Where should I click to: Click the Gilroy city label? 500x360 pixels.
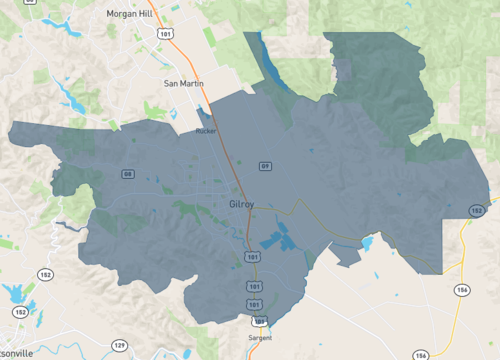pyautogui.click(x=242, y=204)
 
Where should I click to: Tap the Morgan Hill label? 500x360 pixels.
pyautogui.click(x=134, y=15)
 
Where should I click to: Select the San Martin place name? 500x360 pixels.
pyautogui.click(x=183, y=84)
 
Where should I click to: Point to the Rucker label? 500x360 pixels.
pyautogui.click(x=207, y=130)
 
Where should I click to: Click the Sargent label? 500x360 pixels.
pyautogui.click(x=259, y=339)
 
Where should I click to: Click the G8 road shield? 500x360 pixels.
pyautogui.click(x=128, y=174)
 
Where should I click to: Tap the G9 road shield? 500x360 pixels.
pyautogui.click(x=265, y=165)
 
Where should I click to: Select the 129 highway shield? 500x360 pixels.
pyautogui.click(x=119, y=345)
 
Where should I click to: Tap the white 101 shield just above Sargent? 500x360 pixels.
pyautogui.click(x=259, y=321)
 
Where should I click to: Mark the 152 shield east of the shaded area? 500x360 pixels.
pyautogui.click(x=478, y=211)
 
